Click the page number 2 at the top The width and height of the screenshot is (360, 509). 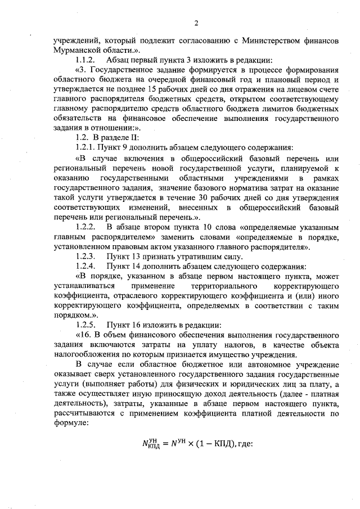(196, 23)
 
